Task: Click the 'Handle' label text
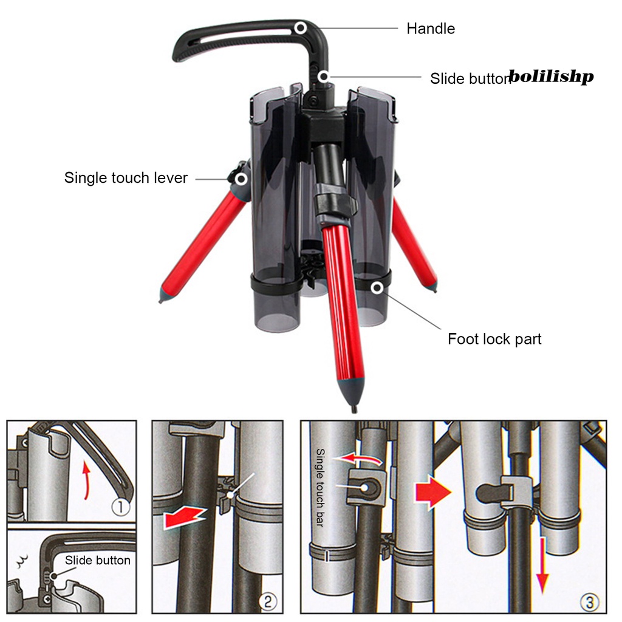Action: pyautogui.click(x=431, y=29)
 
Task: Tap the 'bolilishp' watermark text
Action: pyautogui.click(x=551, y=76)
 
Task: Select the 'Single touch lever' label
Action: pyautogui.click(x=126, y=178)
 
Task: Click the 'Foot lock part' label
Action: pyautogui.click(x=494, y=339)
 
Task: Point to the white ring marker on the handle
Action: pyautogui.click(x=300, y=28)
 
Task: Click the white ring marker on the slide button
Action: pyautogui.click(x=324, y=76)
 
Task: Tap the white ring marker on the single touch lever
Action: pyautogui.click(x=241, y=179)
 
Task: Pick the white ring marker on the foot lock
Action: pyautogui.click(x=377, y=287)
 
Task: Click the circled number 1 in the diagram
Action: pyautogui.click(x=121, y=507)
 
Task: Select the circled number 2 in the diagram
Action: pyautogui.click(x=267, y=601)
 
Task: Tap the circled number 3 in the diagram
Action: pyautogui.click(x=589, y=602)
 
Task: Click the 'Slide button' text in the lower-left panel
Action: pyautogui.click(x=98, y=560)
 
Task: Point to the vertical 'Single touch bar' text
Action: pyautogui.click(x=320, y=488)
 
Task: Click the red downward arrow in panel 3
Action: pyautogui.click(x=542, y=566)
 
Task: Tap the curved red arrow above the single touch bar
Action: pyautogui.click(x=357, y=459)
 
